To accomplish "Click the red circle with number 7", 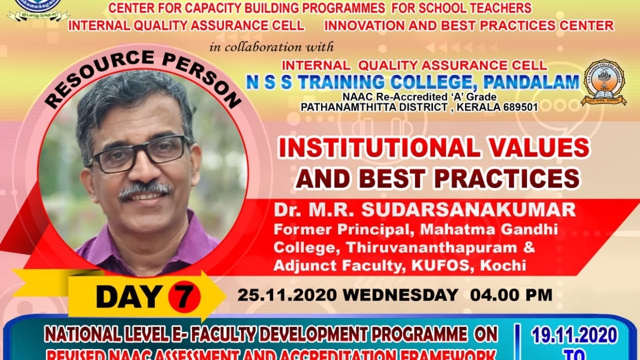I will point(183,296).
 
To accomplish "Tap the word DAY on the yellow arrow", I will point(129,296).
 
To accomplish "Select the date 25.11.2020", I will point(287,295).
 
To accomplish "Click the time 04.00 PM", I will point(511,295).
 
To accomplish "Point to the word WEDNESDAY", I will point(400,295).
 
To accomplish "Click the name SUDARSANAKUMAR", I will point(468,210).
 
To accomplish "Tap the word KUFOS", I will point(441,265).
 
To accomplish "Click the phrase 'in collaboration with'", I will point(271,47).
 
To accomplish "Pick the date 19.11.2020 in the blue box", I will point(574,335).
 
